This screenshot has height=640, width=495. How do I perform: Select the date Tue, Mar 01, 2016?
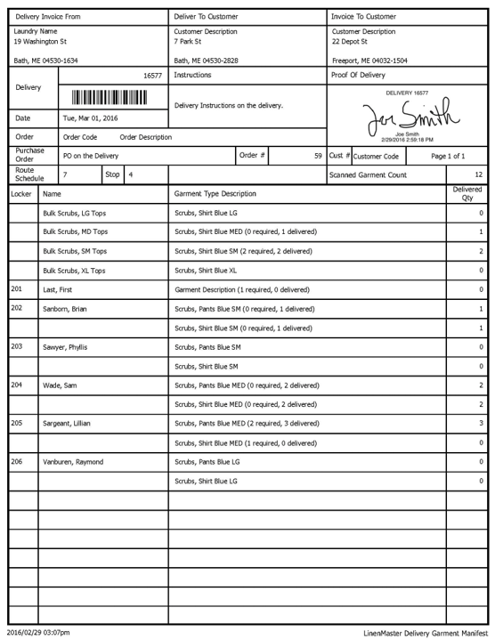[x=90, y=117]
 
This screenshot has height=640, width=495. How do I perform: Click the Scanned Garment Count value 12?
[x=478, y=174]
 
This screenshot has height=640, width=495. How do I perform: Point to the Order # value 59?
[x=318, y=156]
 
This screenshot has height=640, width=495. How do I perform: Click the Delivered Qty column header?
[x=467, y=193]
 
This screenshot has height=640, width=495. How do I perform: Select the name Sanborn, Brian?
[x=68, y=309]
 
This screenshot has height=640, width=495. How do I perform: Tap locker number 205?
[x=16, y=423]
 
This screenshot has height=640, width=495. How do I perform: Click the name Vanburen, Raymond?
[x=73, y=462]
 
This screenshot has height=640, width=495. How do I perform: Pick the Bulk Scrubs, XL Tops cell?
[x=75, y=271]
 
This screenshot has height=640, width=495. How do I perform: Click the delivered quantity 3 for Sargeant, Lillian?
[x=481, y=424]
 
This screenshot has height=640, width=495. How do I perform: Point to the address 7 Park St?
[x=190, y=41]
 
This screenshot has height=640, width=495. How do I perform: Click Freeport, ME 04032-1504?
[x=369, y=61]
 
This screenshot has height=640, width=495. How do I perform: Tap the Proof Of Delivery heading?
[x=358, y=76]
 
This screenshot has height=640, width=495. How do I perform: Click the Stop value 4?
[x=130, y=174]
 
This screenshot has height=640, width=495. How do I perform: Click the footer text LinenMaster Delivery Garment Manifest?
[x=426, y=632]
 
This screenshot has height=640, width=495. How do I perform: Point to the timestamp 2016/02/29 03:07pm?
[x=39, y=632]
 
